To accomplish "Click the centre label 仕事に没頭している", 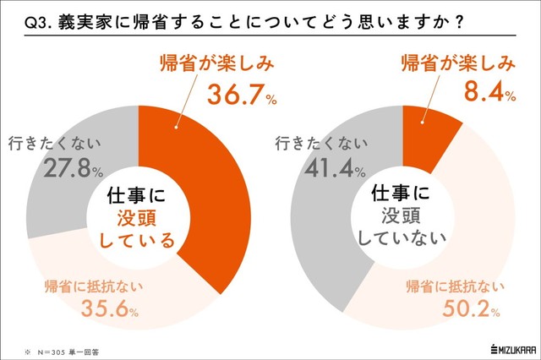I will pos(144,218).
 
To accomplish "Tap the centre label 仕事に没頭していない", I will pos(404,218).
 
